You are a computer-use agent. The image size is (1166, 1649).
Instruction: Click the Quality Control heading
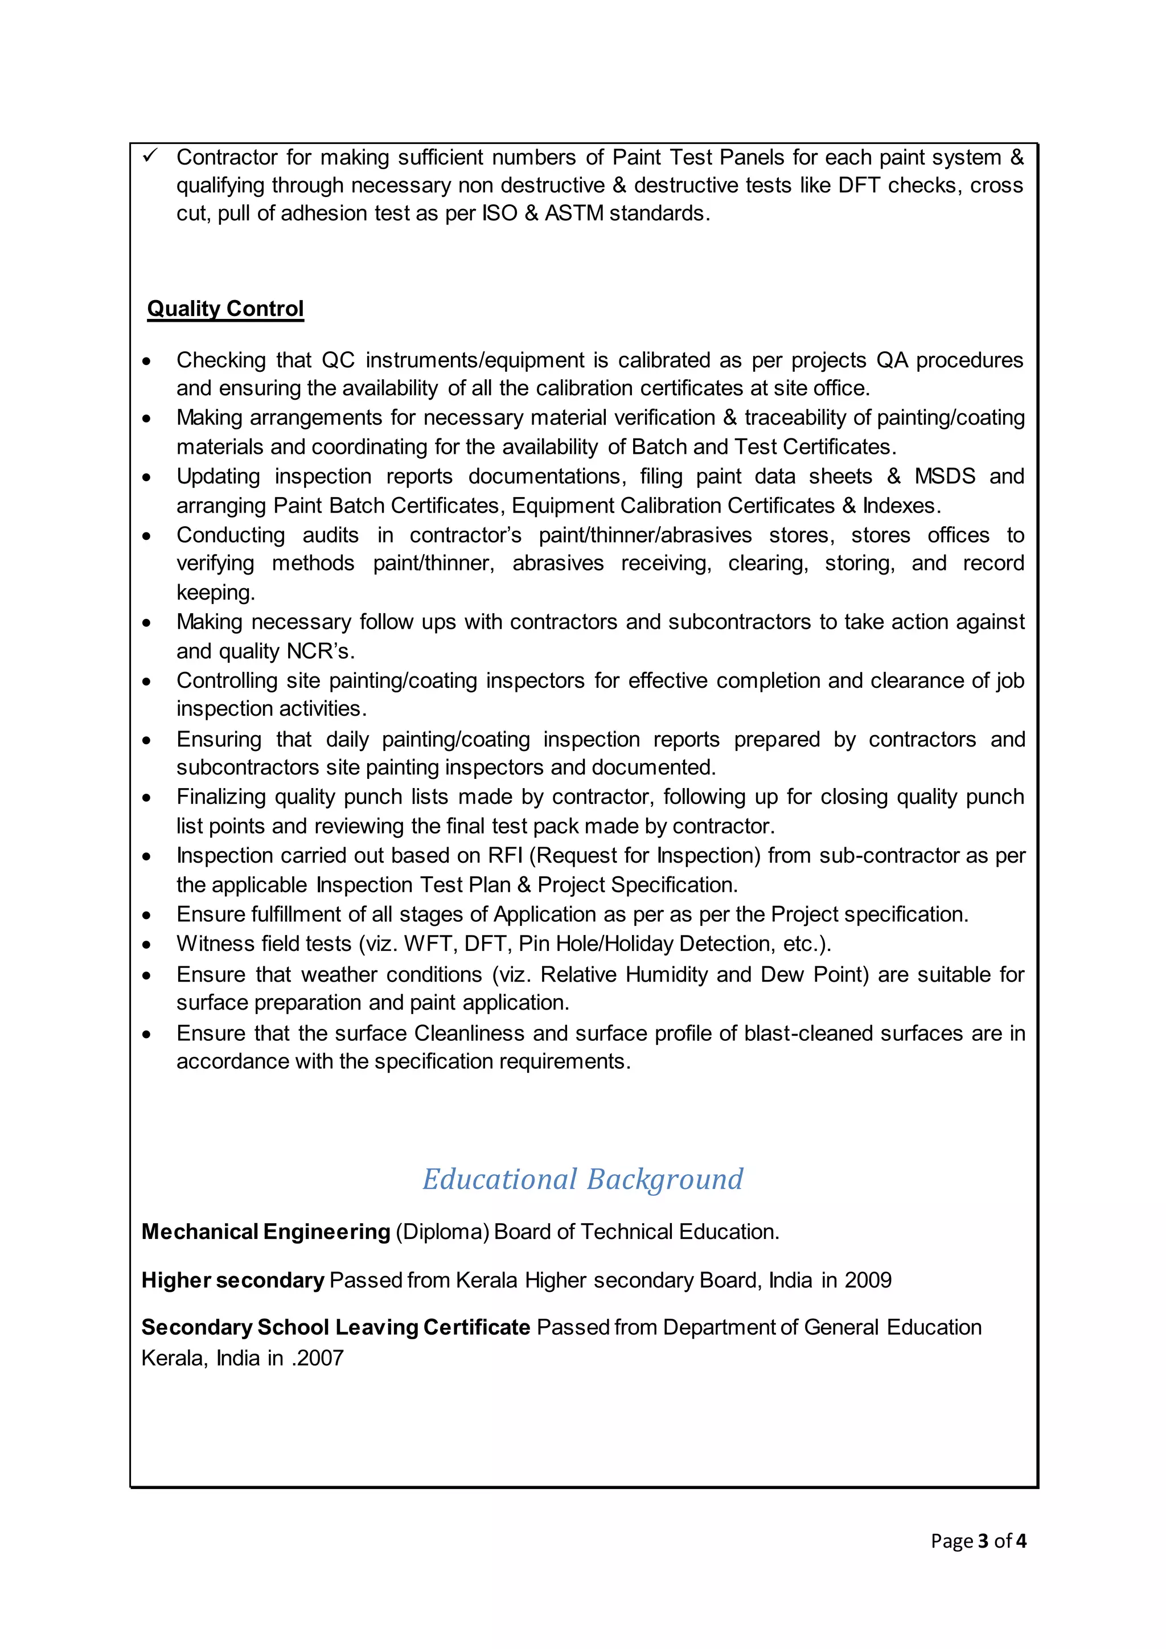(x=225, y=309)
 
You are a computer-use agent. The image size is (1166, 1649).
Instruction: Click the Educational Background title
(x=582, y=1179)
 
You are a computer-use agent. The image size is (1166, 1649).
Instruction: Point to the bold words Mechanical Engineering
(x=266, y=1232)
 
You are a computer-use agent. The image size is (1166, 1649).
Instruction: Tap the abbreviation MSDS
(x=944, y=476)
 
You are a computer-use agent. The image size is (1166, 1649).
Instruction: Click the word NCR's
(x=320, y=651)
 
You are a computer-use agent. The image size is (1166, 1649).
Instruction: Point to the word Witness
(x=214, y=944)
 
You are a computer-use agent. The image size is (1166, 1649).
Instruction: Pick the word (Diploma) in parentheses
(x=442, y=1232)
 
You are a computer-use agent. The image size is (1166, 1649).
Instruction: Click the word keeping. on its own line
(x=215, y=593)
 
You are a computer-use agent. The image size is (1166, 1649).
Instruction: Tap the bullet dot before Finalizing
(x=146, y=798)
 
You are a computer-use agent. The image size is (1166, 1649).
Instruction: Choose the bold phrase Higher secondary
(x=233, y=1280)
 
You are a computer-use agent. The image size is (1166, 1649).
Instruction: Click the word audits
(x=330, y=535)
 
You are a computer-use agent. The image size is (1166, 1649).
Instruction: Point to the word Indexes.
(x=901, y=506)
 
